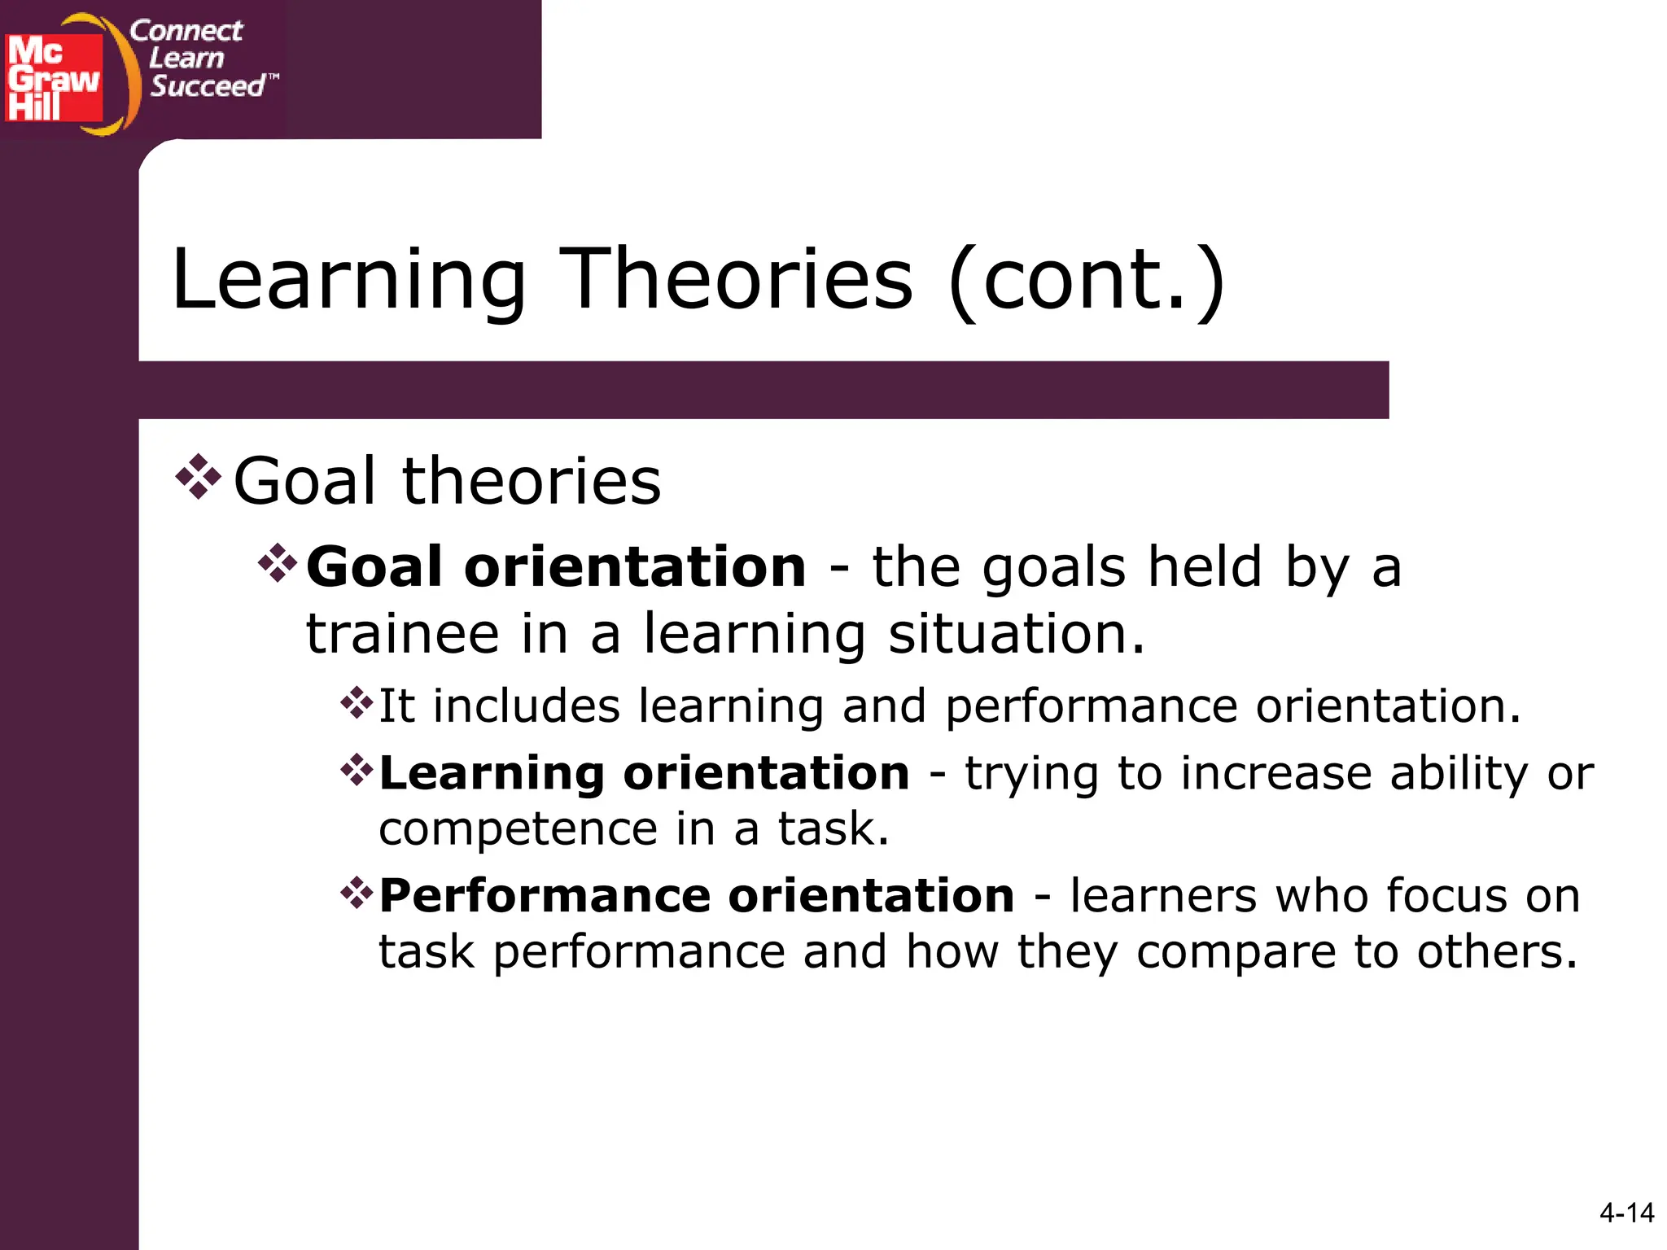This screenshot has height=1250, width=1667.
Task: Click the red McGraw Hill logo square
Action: [x=54, y=78]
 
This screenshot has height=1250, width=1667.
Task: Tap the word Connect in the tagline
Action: [x=186, y=31]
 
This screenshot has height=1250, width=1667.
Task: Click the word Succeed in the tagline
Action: [x=208, y=85]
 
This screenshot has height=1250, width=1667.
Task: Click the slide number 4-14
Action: [x=1625, y=1213]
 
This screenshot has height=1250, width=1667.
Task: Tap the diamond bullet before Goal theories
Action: [x=198, y=476]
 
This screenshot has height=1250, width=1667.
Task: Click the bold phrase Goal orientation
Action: [x=556, y=567]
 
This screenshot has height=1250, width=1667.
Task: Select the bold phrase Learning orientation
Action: [x=644, y=773]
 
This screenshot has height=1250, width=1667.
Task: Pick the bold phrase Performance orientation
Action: [x=697, y=896]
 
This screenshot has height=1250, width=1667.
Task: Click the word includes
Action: [x=526, y=706]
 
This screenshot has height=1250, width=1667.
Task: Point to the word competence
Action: [x=518, y=829]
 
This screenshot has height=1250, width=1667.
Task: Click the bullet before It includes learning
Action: [x=357, y=702]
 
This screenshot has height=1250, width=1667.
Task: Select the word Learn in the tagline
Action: [x=186, y=59]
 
